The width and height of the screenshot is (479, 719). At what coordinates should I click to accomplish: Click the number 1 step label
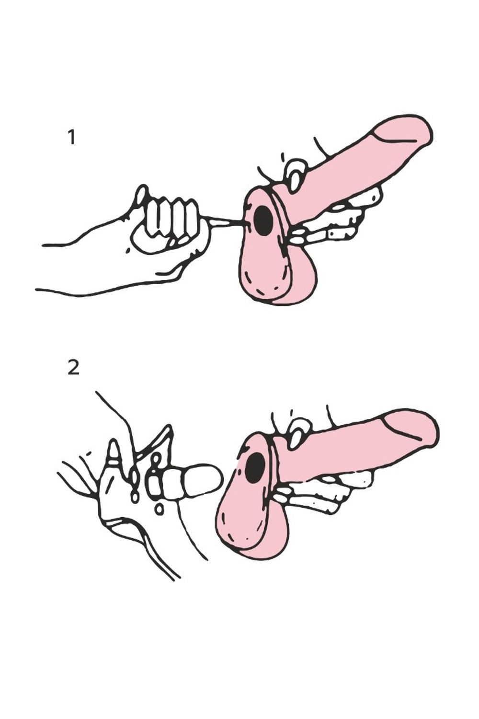pos(72,137)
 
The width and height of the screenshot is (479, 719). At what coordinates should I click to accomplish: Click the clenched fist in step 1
pos(167,225)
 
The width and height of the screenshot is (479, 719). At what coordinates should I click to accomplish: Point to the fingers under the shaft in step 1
pos(334,218)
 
